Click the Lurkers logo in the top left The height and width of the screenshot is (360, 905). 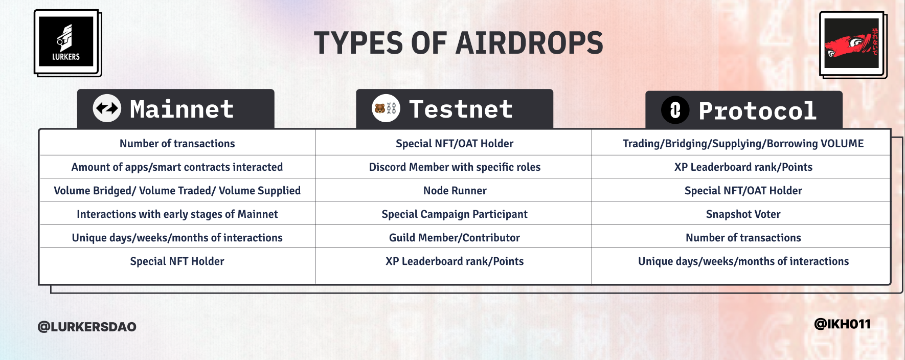click(66, 42)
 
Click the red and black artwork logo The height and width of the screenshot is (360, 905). click(851, 43)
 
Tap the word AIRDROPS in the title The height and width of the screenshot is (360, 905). click(529, 43)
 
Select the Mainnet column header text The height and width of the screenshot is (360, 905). click(182, 109)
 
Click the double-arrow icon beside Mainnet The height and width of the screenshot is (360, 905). click(107, 108)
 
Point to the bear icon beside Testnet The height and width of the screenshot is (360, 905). click(380, 108)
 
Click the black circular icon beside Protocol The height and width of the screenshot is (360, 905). click(675, 110)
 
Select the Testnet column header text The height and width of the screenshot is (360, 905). click(461, 109)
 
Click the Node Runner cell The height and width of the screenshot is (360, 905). click(455, 191)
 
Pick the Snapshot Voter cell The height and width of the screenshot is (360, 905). click(743, 214)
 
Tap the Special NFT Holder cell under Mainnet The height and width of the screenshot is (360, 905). click(177, 261)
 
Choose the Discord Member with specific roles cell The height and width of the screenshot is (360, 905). click(455, 167)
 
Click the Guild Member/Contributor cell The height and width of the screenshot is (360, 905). click(455, 238)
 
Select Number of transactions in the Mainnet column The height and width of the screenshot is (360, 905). click(177, 144)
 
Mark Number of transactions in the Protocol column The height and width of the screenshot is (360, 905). click(743, 238)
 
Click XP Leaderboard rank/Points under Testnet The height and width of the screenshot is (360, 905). click(455, 261)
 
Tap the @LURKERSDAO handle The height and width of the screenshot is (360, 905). click(87, 327)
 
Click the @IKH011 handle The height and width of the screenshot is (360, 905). click(842, 324)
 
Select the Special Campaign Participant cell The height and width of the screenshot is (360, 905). click(455, 214)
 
